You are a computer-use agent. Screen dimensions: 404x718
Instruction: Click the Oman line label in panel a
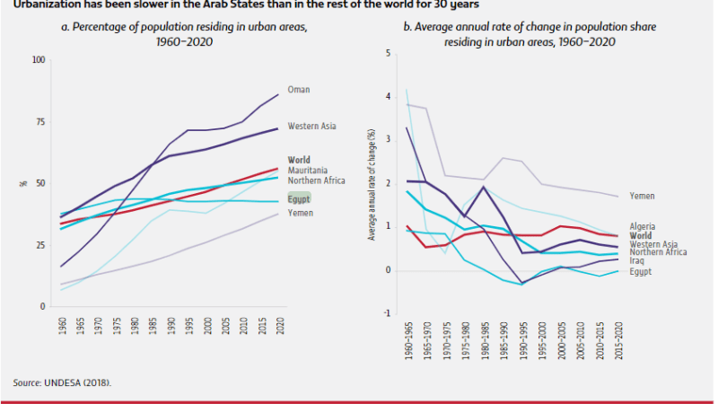298,90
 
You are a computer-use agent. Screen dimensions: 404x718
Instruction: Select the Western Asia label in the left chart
311,127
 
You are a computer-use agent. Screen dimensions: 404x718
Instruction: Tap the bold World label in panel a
298,161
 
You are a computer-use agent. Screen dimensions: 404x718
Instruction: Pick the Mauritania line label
306,170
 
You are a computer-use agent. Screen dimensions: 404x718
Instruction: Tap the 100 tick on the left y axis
37,60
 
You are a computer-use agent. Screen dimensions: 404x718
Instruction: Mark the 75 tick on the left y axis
39,122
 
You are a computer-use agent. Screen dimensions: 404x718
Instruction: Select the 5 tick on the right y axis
388,54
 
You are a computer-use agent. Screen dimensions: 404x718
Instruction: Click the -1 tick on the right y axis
386,313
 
